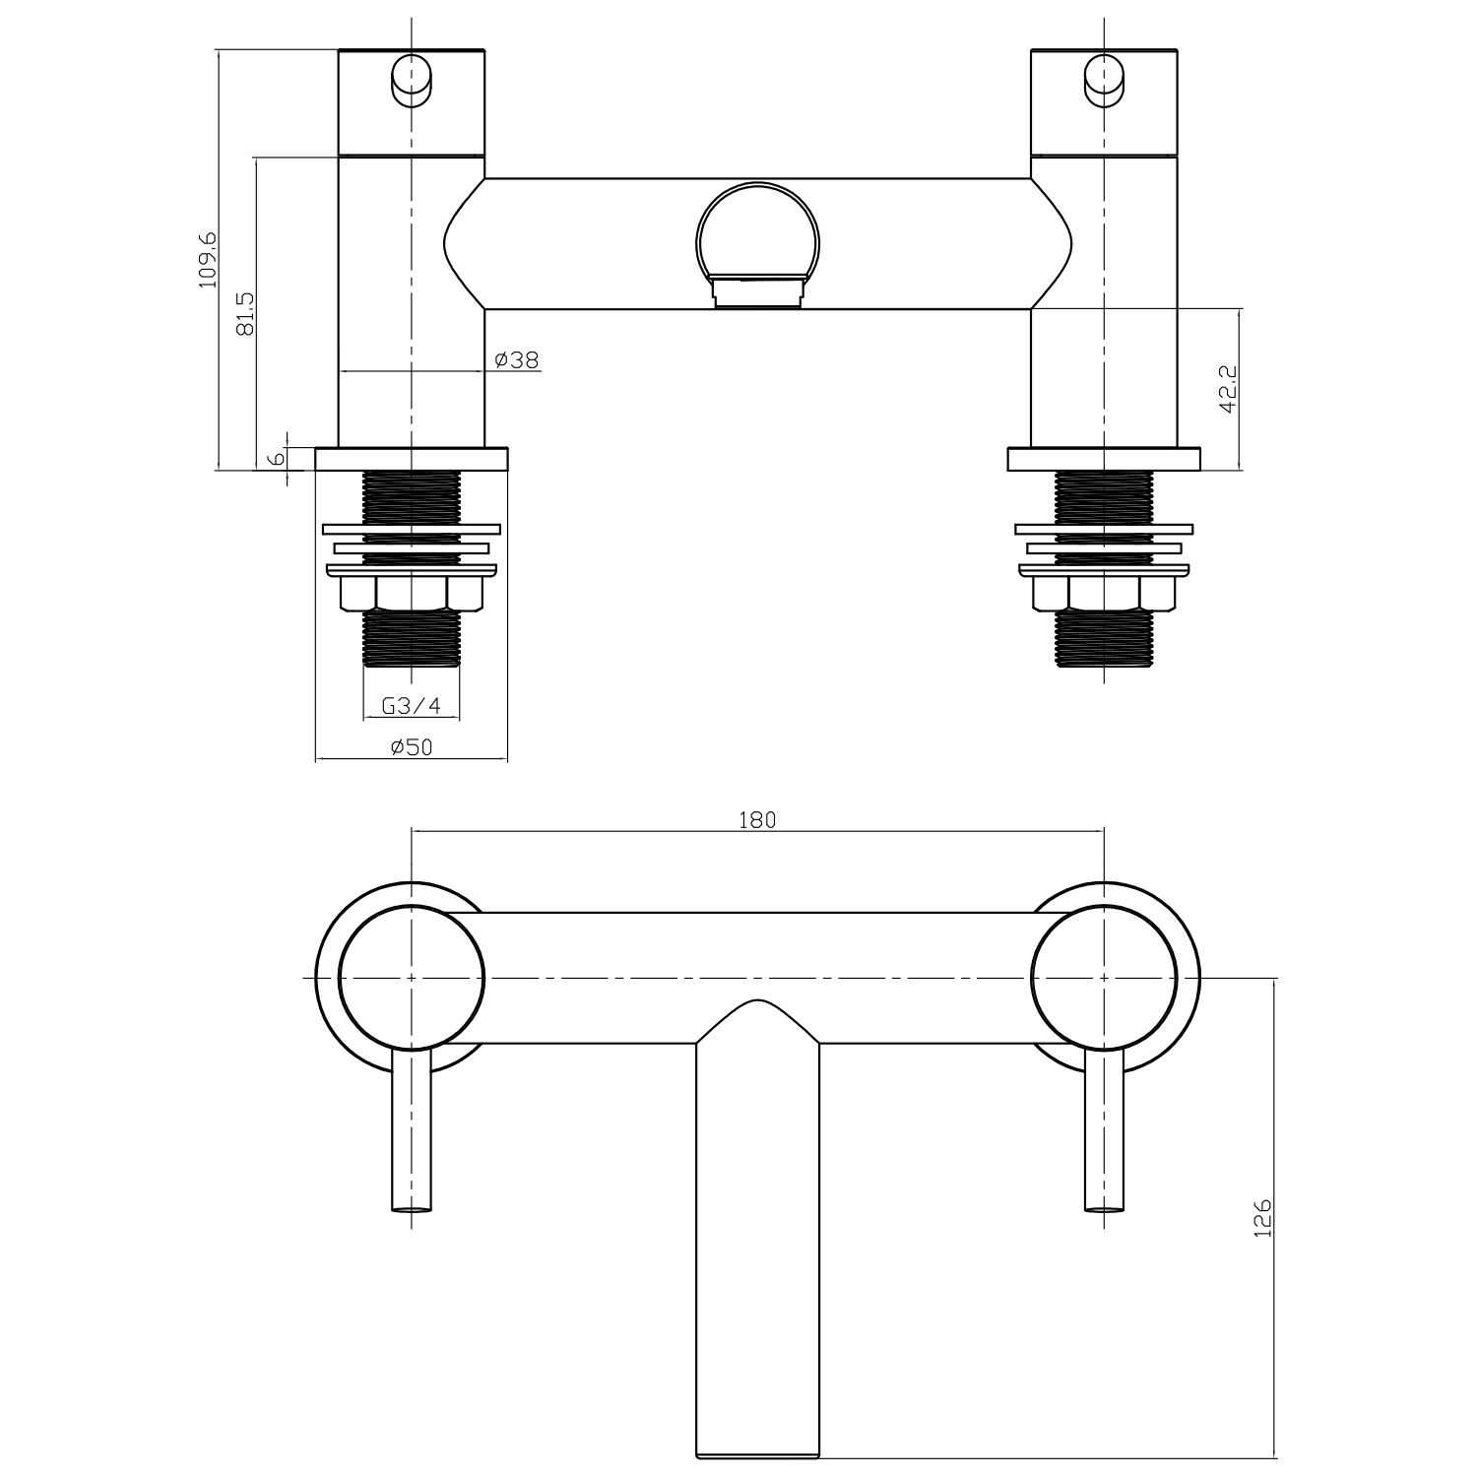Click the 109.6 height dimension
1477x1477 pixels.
pyautogui.click(x=207, y=259)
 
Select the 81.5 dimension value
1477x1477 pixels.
pyautogui.click(x=245, y=313)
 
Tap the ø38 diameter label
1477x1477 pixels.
pyautogui.click(x=517, y=360)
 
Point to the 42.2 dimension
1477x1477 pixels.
pyautogui.click(x=1228, y=389)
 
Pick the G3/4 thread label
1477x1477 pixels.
pyautogui.click(x=411, y=706)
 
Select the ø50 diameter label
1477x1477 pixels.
pyautogui.click(x=411, y=747)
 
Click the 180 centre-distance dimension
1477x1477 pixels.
pyautogui.click(x=757, y=819)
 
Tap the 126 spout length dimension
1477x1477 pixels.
pyautogui.click(x=1263, y=1219)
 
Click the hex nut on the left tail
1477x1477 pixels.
pyautogui.click(x=411, y=593)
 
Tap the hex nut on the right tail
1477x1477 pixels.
pyautogui.click(x=1104, y=593)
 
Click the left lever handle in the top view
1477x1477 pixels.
pyautogui.click(x=412, y=1132)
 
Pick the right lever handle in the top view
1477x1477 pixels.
pyautogui.click(x=1104, y=1132)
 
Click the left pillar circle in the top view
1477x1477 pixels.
pyautogui.click(x=412, y=977)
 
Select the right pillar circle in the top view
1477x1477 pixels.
pyautogui.click(x=1104, y=977)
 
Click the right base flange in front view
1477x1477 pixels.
pyautogui.click(x=1104, y=460)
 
